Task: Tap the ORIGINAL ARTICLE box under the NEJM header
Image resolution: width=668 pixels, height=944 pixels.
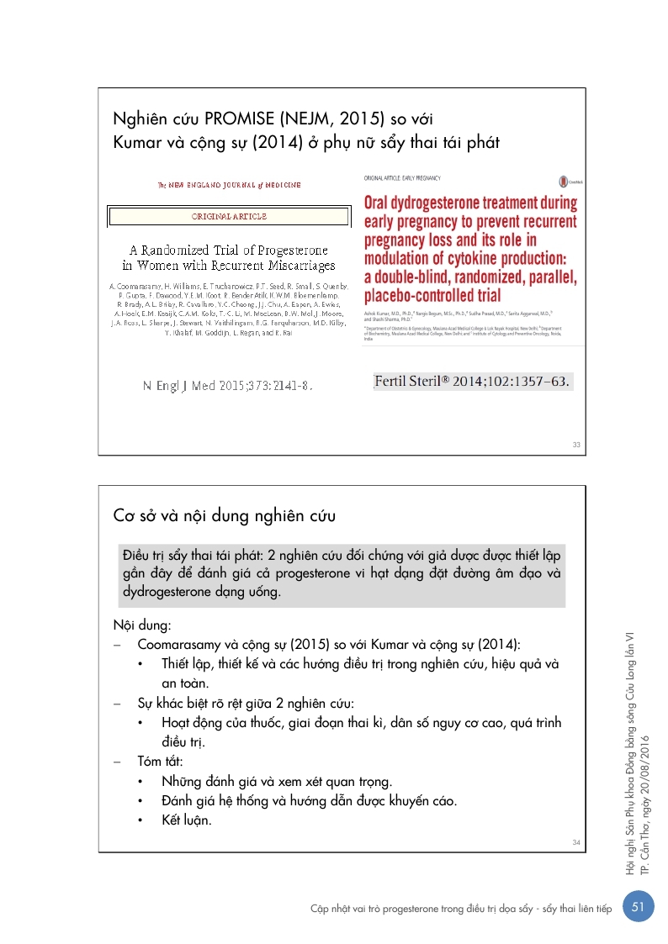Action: (229, 216)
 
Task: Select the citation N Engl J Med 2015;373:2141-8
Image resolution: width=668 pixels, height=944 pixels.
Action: (228, 386)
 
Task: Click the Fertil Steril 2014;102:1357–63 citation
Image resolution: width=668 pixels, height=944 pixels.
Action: (472, 381)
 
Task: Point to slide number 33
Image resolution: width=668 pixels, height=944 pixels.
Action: (575, 445)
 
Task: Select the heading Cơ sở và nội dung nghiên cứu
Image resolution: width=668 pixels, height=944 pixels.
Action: (225, 514)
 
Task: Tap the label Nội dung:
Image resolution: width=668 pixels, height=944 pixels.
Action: (142, 625)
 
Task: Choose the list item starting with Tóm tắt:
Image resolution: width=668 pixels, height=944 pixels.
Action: (160, 761)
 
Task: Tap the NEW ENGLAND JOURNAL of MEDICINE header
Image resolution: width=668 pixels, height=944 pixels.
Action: (229, 184)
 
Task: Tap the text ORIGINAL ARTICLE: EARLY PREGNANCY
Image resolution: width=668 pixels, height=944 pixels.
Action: (401, 178)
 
